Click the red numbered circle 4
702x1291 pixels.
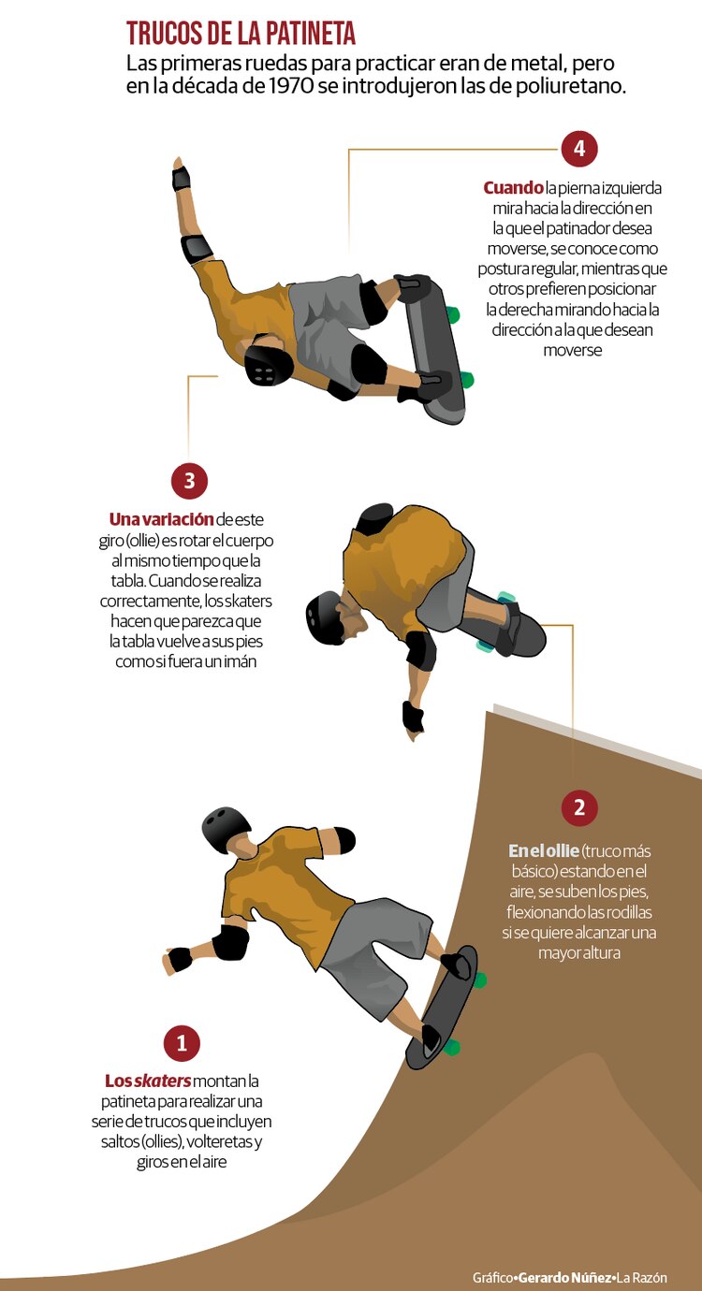pyautogui.click(x=579, y=149)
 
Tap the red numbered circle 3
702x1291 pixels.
pyautogui.click(x=189, y=481)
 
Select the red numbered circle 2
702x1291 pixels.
pyautogui.click(x=579, y=806)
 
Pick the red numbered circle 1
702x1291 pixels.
pyautogui.click(x=182, y=1043)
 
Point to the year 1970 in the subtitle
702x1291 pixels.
pyautogui.click(x=292, y=86)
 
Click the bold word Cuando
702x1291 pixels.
pyautogui.click(x=513, y=188)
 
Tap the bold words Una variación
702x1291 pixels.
pyautogui.click(x=162, y=519)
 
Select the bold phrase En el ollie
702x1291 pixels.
pyautogui.click(x=544, y=850)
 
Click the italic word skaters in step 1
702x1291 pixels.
pyautogui.click(x=163, y=1081)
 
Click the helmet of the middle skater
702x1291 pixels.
pyautogui.click(x=324, y=616)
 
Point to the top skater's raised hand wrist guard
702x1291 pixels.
pyautogui.click(x=182, y=180)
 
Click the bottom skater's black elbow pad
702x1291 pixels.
pyautogui.click(x=230, y=942)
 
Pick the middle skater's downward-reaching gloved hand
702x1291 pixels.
pyautogui.click(x=413, y=718)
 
